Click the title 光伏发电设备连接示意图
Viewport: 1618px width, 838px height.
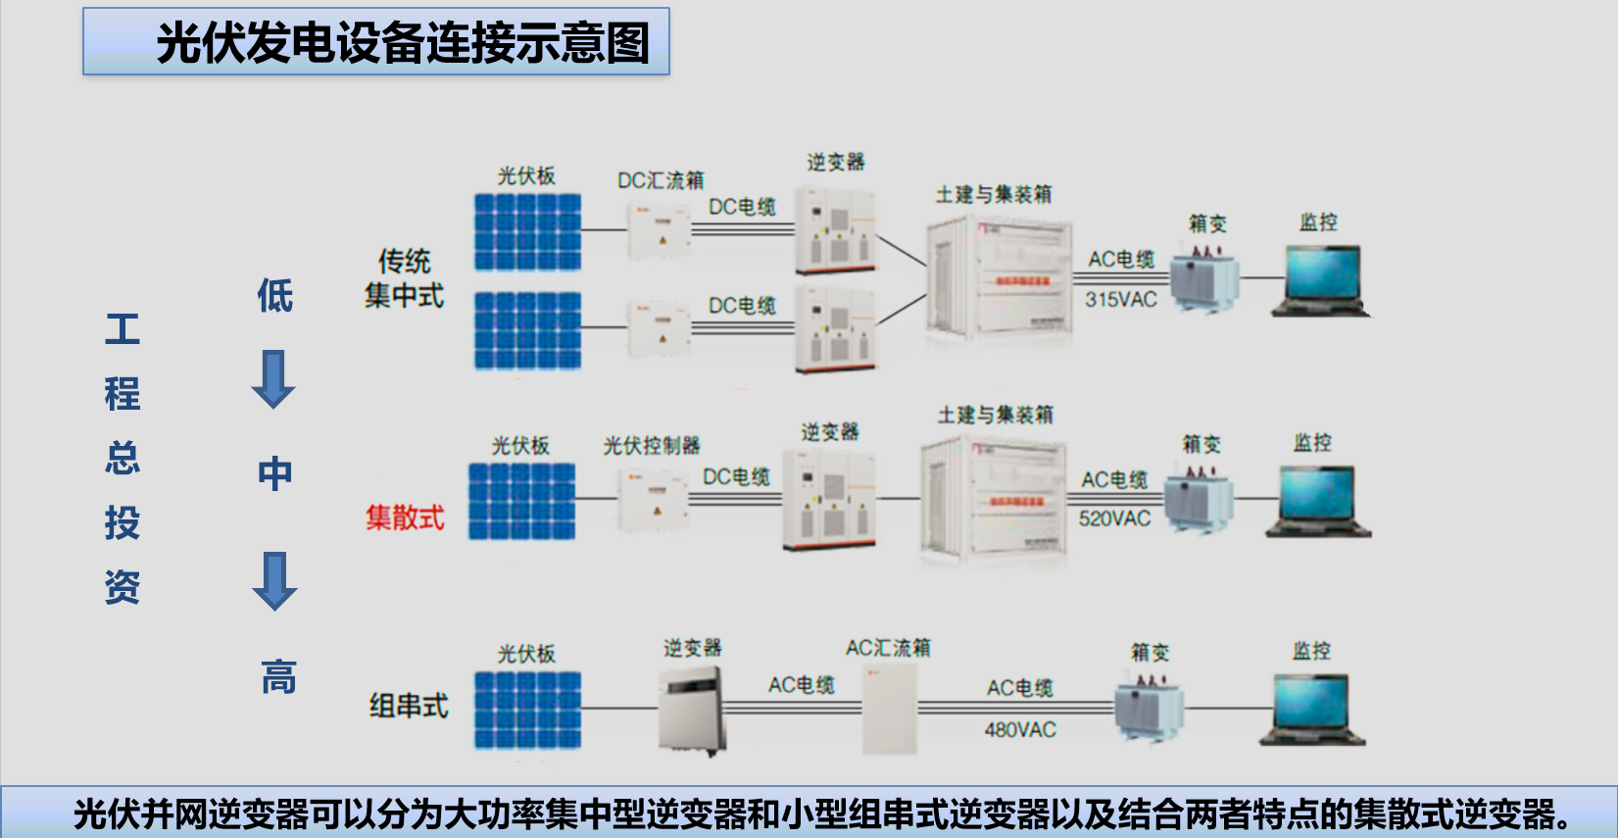coord(402,43)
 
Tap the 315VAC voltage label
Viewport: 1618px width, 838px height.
coord(1120,300)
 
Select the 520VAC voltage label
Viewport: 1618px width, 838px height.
coord(1114,518)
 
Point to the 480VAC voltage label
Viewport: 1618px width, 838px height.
coord(1020,730)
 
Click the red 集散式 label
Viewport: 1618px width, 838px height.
coord(405,518)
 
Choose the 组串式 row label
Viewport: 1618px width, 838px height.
coord(408,706)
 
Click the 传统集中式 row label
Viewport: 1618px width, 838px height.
coord(404,278)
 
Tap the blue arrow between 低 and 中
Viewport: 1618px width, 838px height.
coord(273,378)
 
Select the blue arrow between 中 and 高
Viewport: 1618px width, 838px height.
coord(274,580)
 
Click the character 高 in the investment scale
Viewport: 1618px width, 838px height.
coord(278,677)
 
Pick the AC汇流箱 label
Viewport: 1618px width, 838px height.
coord(888,648)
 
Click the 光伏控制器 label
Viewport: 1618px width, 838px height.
coord(652,446)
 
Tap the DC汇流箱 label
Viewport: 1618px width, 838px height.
coord(661,180)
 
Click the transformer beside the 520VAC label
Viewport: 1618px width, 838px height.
coord(1198,498)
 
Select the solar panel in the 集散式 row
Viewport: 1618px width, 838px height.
coord(521,501)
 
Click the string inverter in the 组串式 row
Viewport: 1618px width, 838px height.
coord(692,709)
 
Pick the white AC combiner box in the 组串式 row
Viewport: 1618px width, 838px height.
coord(890,709)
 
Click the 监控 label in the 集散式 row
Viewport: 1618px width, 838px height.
coord(1312,443)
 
